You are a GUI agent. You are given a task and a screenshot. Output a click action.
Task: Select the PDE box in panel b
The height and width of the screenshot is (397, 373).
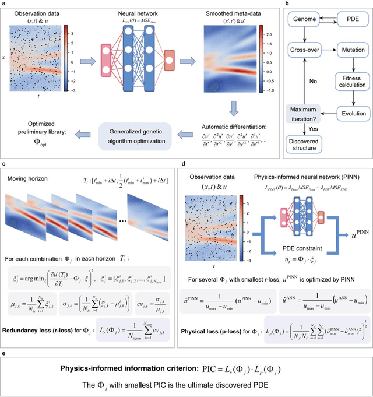coord(352,20)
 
